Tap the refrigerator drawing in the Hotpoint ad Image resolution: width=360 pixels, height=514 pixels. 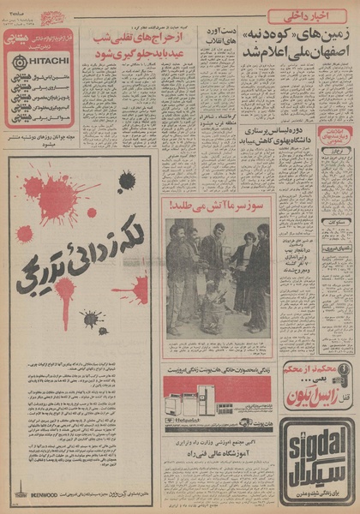(206, 399)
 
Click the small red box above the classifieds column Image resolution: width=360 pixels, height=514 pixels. (335, 138)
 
